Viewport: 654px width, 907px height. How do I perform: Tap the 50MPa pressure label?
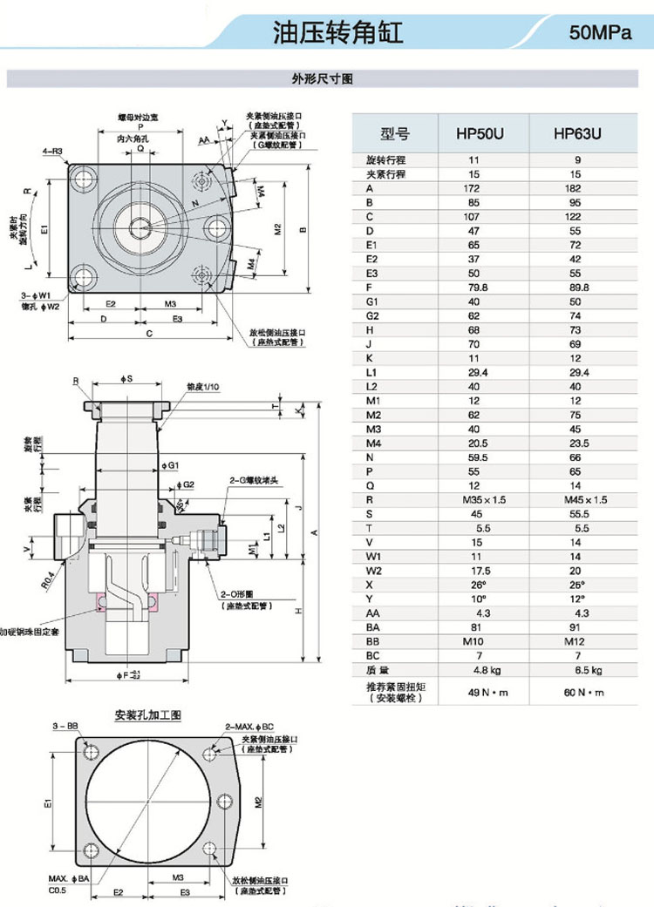click(x=600, y=34)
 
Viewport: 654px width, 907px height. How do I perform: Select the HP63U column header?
click(x=577, y=134)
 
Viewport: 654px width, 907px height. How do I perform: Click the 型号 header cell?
click(x=394, y=134)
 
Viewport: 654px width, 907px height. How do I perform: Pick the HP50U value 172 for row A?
click(x=474, y=188)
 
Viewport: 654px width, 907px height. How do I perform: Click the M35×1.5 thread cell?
click(x=474, y=500)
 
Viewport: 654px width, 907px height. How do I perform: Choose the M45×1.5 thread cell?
click(x=576, y=500)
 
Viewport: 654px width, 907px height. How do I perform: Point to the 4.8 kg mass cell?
click(x=474, y=670)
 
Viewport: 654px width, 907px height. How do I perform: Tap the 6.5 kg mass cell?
click(x=576, y=670)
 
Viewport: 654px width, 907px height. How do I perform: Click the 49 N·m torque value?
click(x=474, y=692)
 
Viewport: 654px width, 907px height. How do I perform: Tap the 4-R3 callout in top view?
click(x=53, y=152)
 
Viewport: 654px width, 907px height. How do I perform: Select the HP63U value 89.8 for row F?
click(x=576, y=288)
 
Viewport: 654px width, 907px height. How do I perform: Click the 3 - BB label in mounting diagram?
click(x=66, y=725)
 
